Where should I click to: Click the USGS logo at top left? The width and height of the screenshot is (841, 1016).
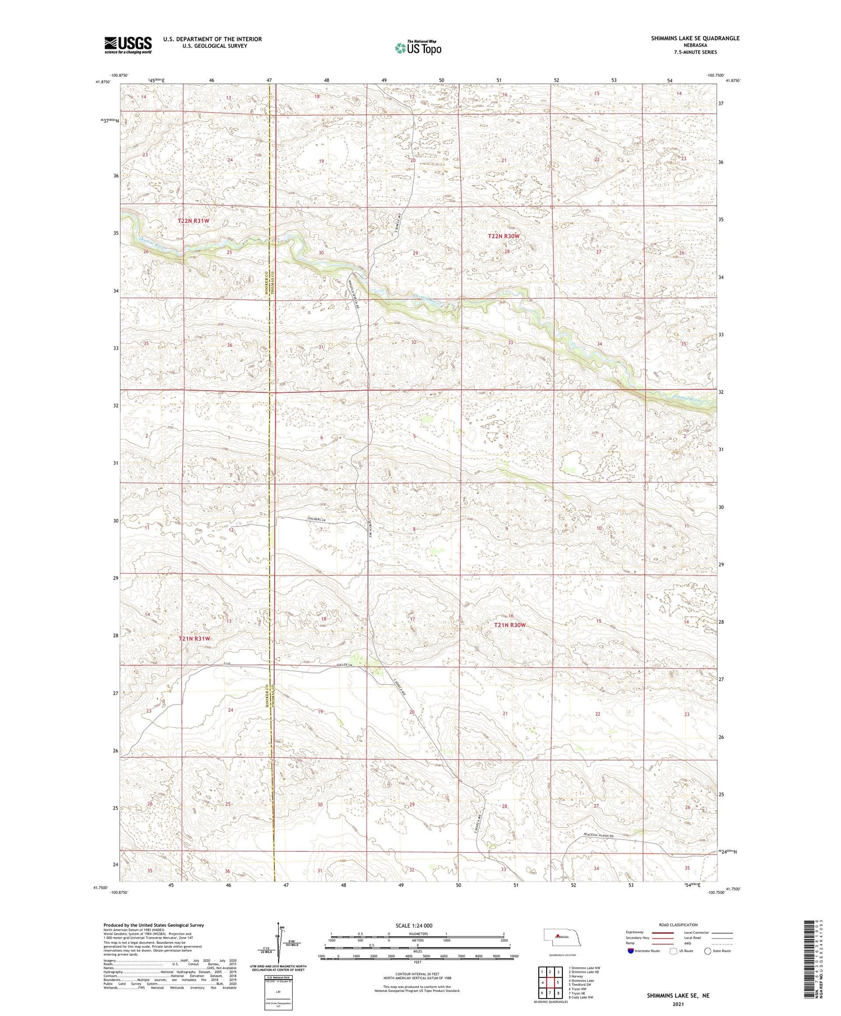[x=128, y=45]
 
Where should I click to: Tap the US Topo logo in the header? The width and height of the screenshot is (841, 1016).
[x=418, y=48]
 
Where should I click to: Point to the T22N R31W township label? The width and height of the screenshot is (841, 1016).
[x=193, y=221]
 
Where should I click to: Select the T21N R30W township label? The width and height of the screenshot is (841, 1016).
[x=510, y=625]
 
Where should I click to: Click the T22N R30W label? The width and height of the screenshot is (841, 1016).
[x=504, y=236]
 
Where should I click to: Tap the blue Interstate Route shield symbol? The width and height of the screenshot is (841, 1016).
[x=631, y=951]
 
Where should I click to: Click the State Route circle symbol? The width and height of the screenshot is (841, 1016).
[x=708, y=951]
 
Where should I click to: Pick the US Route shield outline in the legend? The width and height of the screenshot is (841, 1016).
[x=673, y=951]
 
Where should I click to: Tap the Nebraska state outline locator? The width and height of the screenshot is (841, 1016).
[x=562, y=936]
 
